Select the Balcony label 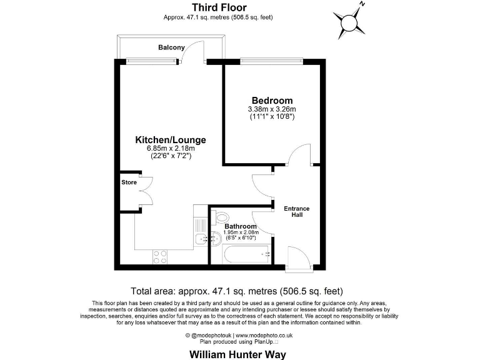point(171,47)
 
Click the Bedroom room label point(272,101)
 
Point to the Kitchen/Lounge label point(171,139)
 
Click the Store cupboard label point(129,182)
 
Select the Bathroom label point(241,226)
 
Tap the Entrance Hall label point(297,211)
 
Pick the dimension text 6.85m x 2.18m point(171,148)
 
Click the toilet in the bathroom point(220,216)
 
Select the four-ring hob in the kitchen point(160,256)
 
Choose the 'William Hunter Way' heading point(237,354)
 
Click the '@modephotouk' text point(212,336)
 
